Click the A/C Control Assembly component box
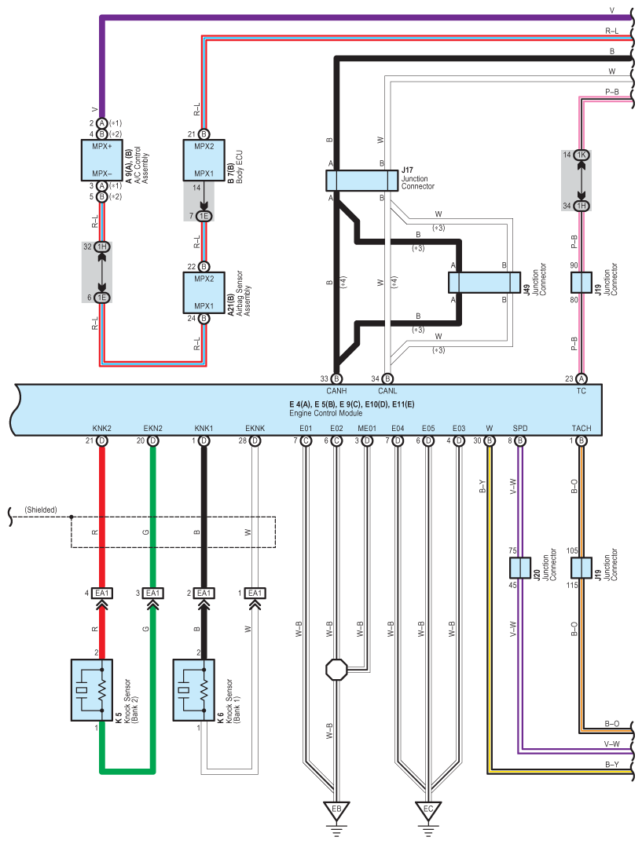[102, 160]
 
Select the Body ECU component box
[204, 160]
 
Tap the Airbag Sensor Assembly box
[204, 293]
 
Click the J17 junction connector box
[362, 181]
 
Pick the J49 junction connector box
[484, 283]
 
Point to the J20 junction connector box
[519, 568]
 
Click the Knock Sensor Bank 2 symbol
[92, 690]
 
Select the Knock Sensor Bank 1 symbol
[193, 690]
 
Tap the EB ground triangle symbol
[336, 810]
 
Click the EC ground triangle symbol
[428, 810]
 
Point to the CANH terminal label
[336, 391]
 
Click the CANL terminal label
[387, 391]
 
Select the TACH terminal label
[581, 429]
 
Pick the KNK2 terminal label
[102, 429]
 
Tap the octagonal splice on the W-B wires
[336, 670]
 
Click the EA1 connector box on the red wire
[102, 594]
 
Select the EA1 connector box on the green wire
[153, 594]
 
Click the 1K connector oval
[581, 155]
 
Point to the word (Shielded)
[41, 510]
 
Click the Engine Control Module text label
[326, 414]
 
